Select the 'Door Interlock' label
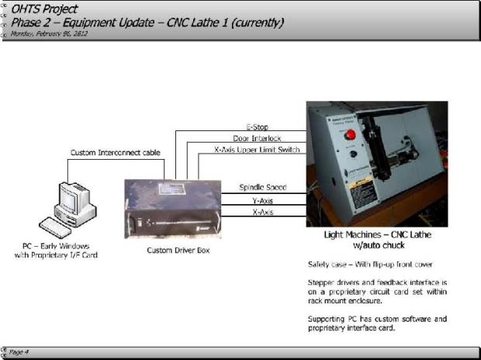click(x=255, y=137)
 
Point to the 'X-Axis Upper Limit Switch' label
click(x=255, y=149)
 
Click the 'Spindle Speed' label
click(x=261, y=187)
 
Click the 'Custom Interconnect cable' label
click(x=116, y=153)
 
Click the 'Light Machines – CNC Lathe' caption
click(x=376, y=234)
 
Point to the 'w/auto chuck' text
click(x=376, y=245)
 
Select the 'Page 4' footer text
click(x=19, y=351)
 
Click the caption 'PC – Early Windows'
click(x=57, y=246)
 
